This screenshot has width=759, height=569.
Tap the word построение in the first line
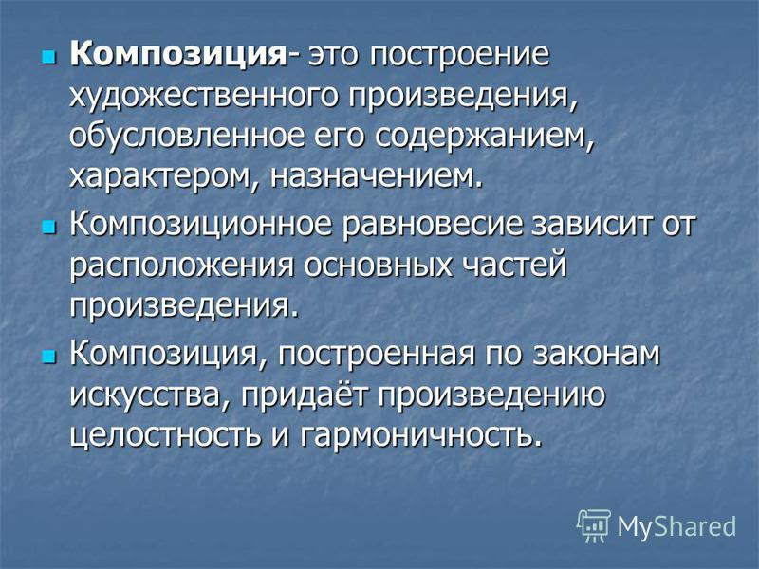tap(460, 54)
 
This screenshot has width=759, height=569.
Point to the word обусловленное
tap(187, 136)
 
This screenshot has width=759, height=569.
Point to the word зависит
tap(590, 225)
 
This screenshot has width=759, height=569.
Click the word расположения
tap(181, 266)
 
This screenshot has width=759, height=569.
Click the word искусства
tap(149, 395)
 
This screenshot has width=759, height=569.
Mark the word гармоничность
tap(419, 435)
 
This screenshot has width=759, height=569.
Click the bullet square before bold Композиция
tap(49, 58)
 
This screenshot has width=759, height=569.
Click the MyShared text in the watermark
tap(676, 526)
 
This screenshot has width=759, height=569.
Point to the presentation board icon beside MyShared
tap(595, 525)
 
